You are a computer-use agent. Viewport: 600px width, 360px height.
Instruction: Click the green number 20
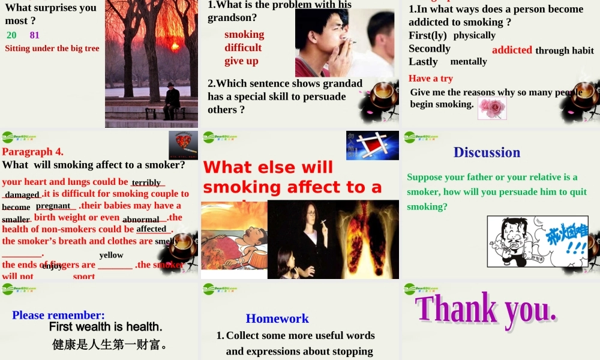pyautogui.click(x=11, y=35)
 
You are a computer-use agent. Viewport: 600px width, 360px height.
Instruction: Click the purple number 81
pyautogui.click(x=34, y=35)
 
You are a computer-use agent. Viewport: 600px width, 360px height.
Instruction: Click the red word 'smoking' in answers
pyautogui.click(x=244, y=34)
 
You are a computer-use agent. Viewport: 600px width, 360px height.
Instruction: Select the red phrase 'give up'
pyautogui.click(x=241, y=61)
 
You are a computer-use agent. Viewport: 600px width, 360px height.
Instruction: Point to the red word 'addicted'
pyautogui.click(x=512, y=50)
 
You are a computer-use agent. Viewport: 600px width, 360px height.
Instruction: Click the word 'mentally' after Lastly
pyautogui.click(x=469, y=61)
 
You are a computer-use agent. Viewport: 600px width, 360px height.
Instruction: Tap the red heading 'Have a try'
pyautogui.click(x=431, y=78)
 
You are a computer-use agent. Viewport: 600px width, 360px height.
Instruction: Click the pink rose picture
pyautogui.click(x=492, y=109)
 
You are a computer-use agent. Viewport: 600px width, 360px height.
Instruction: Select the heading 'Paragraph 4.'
pyautogui.click(x=32, y=151)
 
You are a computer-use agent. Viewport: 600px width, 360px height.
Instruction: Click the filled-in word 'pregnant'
pyautogui.click(x=53, y=206)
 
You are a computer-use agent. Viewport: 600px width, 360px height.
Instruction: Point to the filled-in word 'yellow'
pyautogui.click(x=111, y=255)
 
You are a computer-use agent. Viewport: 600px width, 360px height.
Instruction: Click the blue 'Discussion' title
pyautogui.click(x=487, y=152)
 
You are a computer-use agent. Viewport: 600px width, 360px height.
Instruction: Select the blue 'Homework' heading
pyautogui.click(x=277, y=319)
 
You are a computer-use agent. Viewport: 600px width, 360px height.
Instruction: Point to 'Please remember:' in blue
pyautogui.click(x=58, y=315)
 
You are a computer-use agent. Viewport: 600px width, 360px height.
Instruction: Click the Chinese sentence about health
pyautogui.click(x=109, y=345)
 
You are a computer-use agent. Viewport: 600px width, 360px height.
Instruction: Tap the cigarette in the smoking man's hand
pyautogui.click(x=350, y=43)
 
